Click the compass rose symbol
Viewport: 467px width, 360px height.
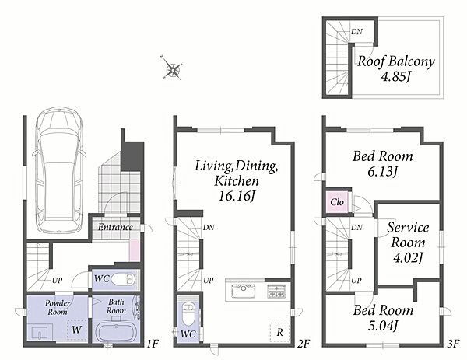172,68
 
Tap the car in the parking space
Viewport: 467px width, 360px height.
58,171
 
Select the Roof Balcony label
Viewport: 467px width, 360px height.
396,61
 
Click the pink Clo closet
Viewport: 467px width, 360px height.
337,203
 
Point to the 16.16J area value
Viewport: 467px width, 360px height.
237,197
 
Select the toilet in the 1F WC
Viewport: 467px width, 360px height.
124,280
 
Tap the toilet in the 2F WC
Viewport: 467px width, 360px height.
188,314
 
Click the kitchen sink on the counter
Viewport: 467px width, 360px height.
244,291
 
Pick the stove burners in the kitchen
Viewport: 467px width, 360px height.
276,291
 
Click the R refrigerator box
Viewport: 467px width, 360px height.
279,333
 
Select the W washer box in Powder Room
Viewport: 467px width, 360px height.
77,330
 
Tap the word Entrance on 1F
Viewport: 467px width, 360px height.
115,227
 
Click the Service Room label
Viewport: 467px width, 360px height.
408,235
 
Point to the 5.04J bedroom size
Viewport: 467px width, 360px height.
383,325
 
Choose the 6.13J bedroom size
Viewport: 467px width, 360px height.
383,172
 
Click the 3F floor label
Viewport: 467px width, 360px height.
454,344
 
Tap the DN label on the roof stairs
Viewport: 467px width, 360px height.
356,31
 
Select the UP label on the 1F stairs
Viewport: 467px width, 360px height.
57,280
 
